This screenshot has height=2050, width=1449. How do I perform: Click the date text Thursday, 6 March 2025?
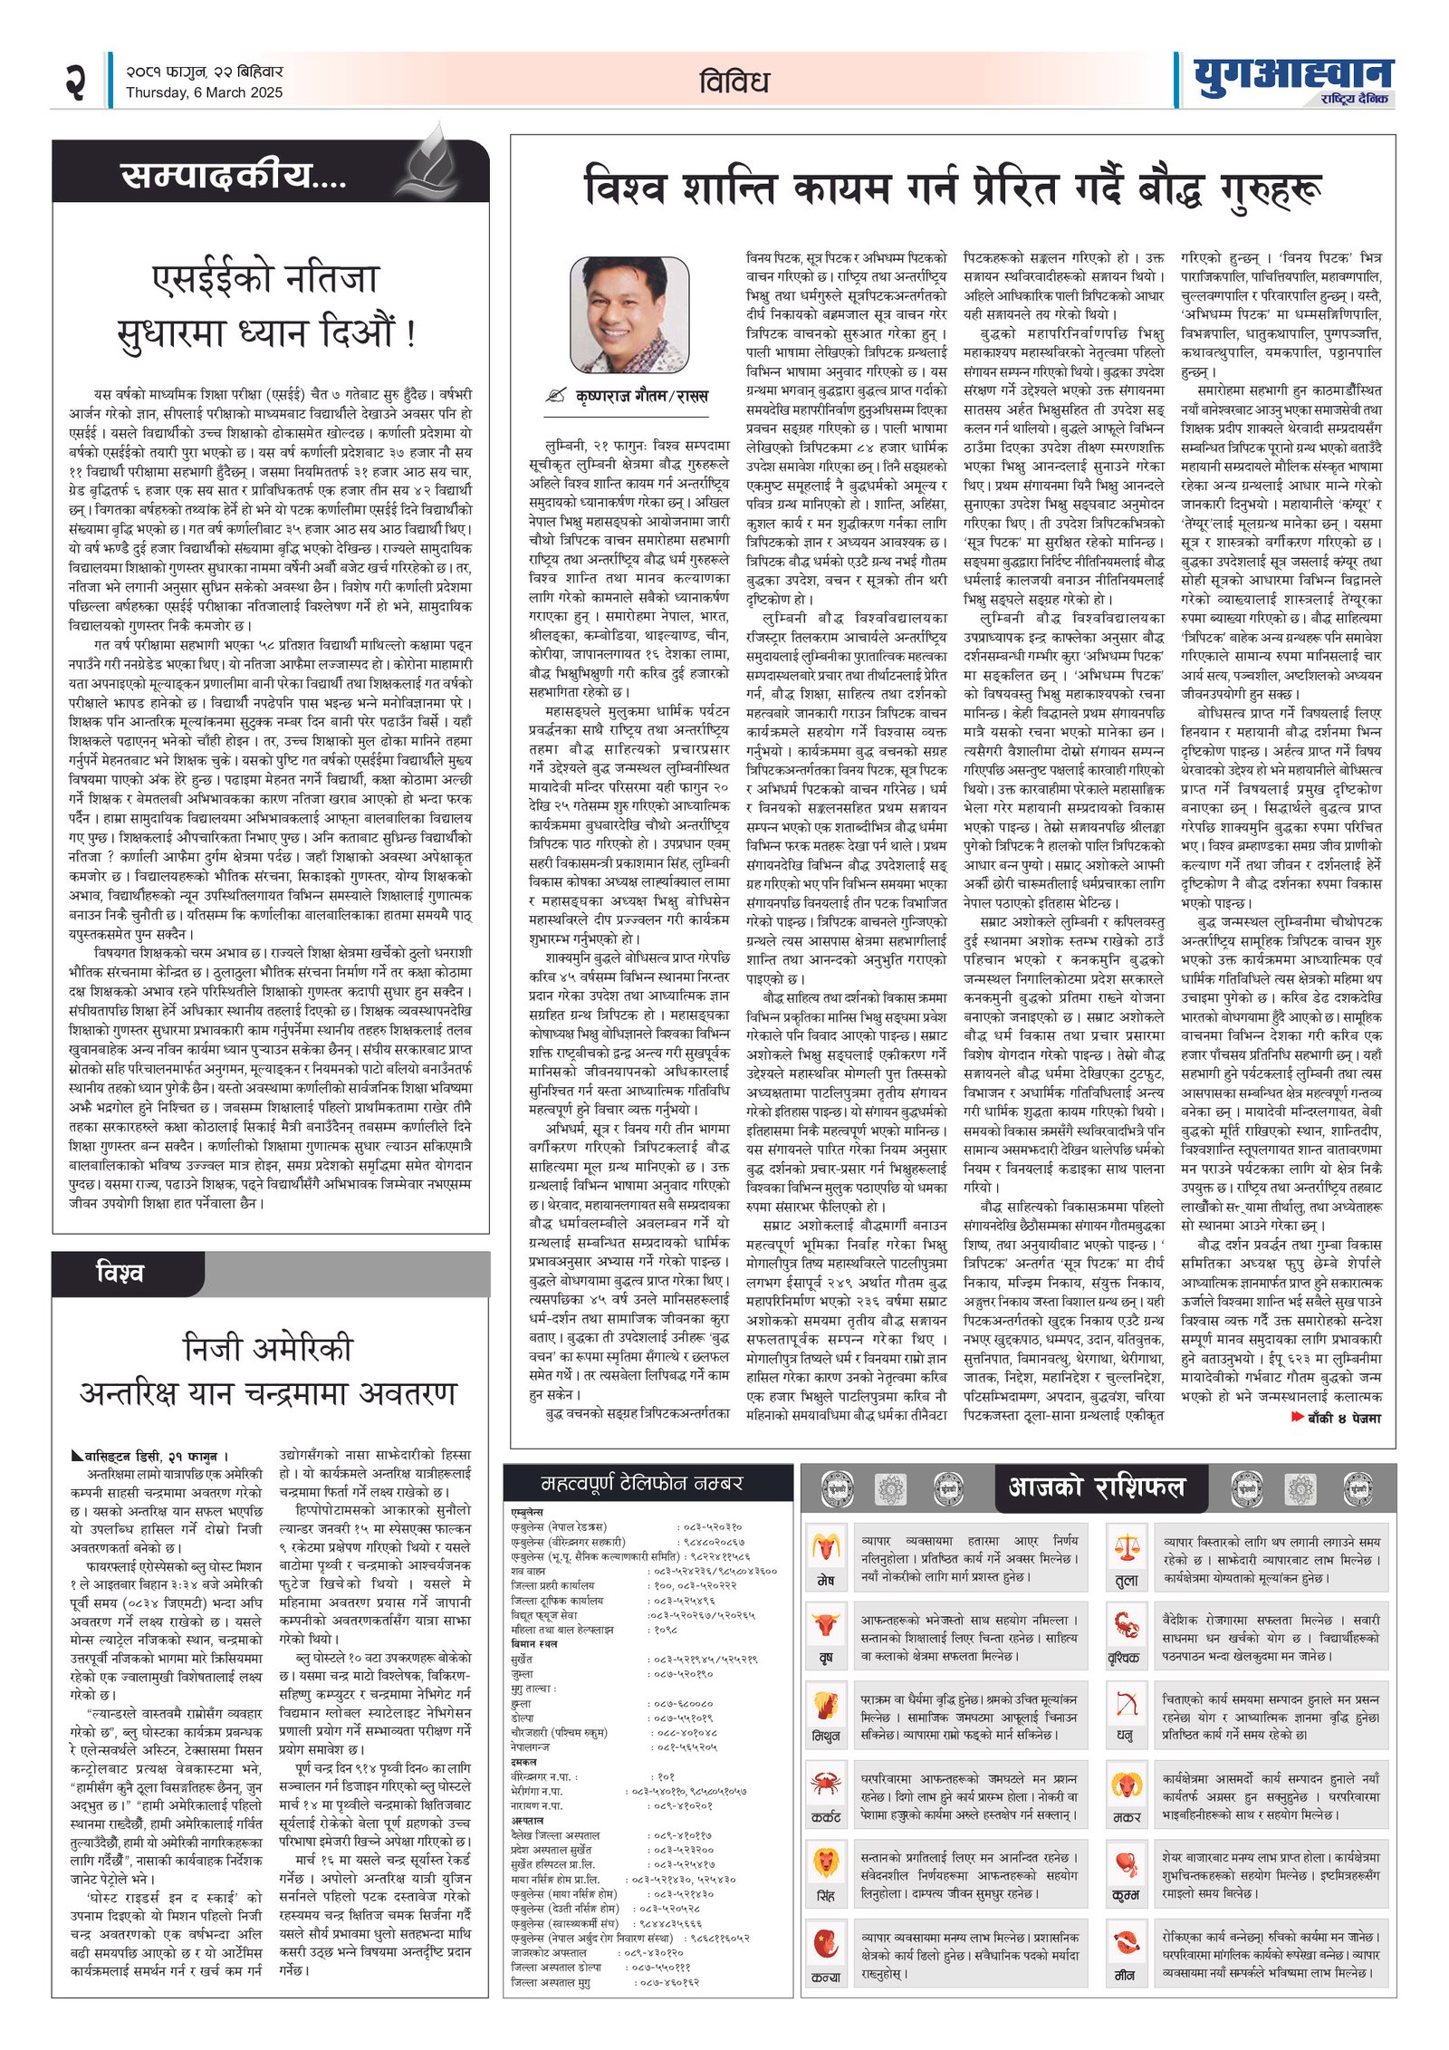pyautogui.click(x=204, y=92)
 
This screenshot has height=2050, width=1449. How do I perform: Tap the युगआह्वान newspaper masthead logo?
pyautogui.click(x=1292, y=77)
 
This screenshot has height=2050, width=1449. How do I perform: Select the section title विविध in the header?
pyautogui.click(x=734, y=82)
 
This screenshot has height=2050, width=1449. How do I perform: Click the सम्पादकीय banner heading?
pyautogui.click(x=234, y=176)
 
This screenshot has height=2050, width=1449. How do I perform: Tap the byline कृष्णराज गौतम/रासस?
pyautogui.click(x=641, y=396)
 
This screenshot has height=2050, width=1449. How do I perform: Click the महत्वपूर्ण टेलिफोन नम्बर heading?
pyautogui.click(x=641, y=1484)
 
